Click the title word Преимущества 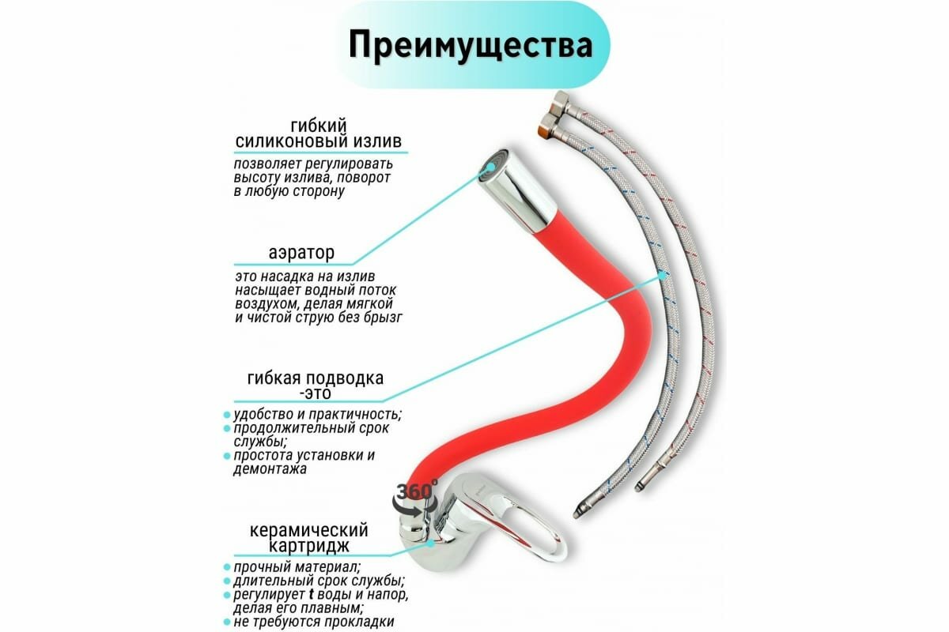coord(471,45)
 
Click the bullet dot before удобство coord(226,415)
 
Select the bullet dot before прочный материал coord(226,568)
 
